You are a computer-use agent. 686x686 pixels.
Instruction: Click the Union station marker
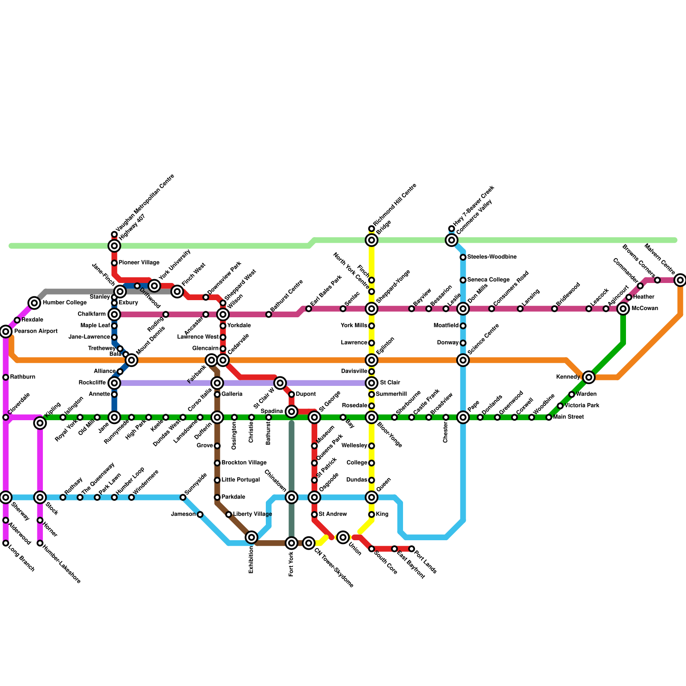tap(343, 537)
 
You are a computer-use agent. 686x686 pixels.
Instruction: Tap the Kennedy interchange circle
tap(589, 377)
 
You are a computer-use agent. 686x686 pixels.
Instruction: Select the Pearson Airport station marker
tap(6, 331)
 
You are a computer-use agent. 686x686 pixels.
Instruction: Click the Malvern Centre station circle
tap(680, 280)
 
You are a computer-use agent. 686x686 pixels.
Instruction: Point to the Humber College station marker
tap(34, 303)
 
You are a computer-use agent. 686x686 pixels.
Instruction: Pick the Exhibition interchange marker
tap(252, 537)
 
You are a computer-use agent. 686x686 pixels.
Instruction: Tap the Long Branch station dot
tap(6, 543)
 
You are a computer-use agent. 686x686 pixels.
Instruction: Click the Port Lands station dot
tap(412, 549)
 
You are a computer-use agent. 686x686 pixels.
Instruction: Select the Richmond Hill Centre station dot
tap(371, 229)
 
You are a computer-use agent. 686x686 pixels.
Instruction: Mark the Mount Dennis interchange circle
tap(132, 360)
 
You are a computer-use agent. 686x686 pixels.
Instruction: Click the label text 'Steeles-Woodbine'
tap(491, 257)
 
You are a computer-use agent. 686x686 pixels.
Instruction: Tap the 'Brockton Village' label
tap(244, 463)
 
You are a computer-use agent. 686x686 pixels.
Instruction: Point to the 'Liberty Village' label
tap(253, 514)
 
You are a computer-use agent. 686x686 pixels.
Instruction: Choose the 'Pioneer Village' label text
tap(139, 262)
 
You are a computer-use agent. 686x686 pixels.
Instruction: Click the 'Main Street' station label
tap(569, 417)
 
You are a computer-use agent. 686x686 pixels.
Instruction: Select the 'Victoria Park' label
tap(582, 405)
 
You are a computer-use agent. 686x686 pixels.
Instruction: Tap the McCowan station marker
tap(623, 309)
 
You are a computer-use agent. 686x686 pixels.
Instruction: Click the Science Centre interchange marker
tap(463, 360)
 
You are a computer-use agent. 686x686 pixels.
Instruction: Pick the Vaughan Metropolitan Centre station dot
tap(114, 235)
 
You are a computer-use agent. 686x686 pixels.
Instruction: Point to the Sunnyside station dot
tap(183, 497)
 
